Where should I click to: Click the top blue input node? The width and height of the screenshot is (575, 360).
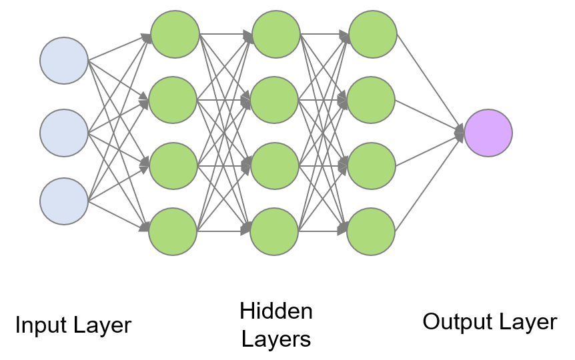click(x=64, y=61)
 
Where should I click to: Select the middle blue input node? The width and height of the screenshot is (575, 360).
click(x=64, y=133)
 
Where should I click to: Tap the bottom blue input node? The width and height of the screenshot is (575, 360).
click(x=64, y=201)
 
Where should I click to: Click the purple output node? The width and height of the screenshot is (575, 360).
click(x=488, y=133)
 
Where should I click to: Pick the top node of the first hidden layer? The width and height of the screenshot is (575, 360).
click(x=175, y=34)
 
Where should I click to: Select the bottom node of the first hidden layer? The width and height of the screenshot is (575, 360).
click(x=173, y=232)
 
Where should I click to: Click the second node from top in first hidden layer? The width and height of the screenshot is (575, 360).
click(x=173, y=101)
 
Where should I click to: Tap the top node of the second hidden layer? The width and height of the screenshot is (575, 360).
click(x=276, y=34)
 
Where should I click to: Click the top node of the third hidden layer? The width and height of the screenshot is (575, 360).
click(x=373, y=34)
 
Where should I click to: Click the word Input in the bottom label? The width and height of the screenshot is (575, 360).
click(x=41, y=325)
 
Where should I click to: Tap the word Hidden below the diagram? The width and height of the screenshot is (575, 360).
click(x=275, y=311)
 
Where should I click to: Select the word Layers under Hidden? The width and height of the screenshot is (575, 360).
click(x=275, y=339)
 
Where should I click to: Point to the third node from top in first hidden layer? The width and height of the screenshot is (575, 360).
click(x=173, y=166)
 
